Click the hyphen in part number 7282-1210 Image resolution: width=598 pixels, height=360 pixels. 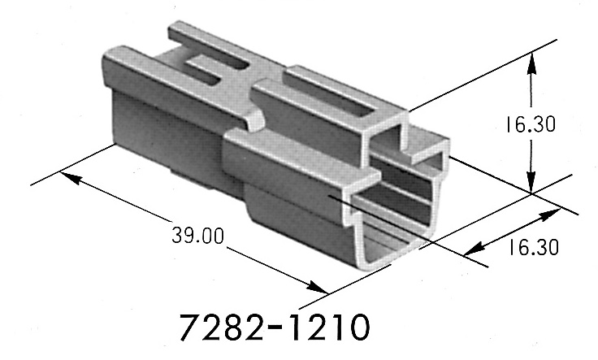pos(276,330)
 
